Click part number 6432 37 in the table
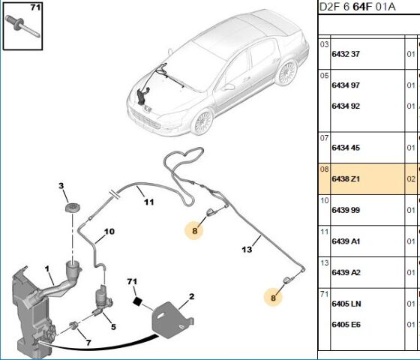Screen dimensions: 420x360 point(346,54)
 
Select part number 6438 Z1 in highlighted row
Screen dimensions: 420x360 point(346,178)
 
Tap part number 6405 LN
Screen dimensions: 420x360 point(346,304)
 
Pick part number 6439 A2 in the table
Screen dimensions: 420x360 point(346,272)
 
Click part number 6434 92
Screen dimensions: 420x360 point(346,106)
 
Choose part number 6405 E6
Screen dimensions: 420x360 point(346,324)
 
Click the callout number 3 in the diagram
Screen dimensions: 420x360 point(61,186)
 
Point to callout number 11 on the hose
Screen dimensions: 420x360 point(149,202)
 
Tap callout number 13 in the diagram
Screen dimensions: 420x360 point(247,249)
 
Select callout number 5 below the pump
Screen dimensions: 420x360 point(113,327)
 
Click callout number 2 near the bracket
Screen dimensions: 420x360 point(191,296)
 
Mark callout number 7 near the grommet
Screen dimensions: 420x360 point(88,343)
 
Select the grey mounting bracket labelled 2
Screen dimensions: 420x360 point(172,319)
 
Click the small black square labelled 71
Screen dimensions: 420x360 point(138,301)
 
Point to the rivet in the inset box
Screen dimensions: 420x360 point(22,26)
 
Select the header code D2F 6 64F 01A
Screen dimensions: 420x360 point(357,7)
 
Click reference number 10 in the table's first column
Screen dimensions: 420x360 point(324,200)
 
